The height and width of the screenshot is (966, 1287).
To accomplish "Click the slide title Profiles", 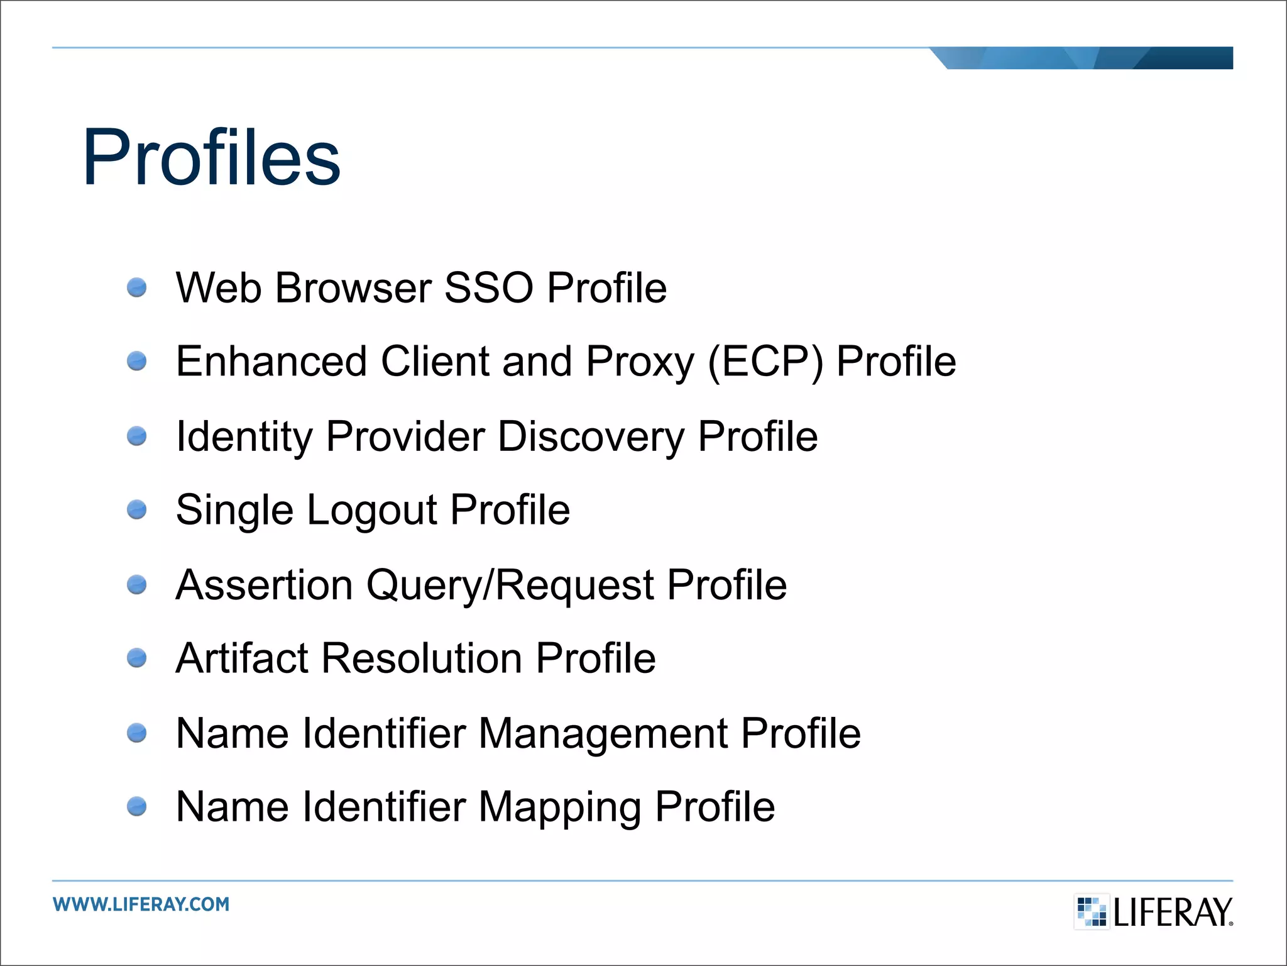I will (211, 157).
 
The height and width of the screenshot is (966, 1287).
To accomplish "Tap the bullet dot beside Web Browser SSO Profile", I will (136, 288).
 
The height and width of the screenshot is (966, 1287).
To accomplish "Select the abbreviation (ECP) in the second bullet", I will (765, 362).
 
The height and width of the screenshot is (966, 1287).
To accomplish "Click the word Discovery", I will (591, 436).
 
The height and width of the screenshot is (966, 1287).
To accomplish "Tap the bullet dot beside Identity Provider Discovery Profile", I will (136, 436).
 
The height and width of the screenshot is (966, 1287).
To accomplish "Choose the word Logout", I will (372, 510).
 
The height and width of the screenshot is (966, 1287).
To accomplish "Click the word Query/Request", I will (510, 586).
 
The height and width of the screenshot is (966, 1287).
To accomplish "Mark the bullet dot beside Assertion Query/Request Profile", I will (136, 585).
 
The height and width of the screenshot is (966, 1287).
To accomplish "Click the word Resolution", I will (422, 658).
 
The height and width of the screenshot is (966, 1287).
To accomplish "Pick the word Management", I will (603, 734).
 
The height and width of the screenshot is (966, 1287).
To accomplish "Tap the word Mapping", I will (560, 808).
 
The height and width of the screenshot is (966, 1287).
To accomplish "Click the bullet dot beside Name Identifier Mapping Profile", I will (136, 806).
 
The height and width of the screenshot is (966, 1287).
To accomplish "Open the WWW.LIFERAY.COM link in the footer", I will (141, 904).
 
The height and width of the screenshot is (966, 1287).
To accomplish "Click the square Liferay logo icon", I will (1091, 911).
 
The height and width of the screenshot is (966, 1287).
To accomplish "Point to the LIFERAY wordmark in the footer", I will (1173, 913).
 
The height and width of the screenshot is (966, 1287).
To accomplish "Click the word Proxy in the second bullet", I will (640, 363).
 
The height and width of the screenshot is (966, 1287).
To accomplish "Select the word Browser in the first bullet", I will (353, 288).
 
